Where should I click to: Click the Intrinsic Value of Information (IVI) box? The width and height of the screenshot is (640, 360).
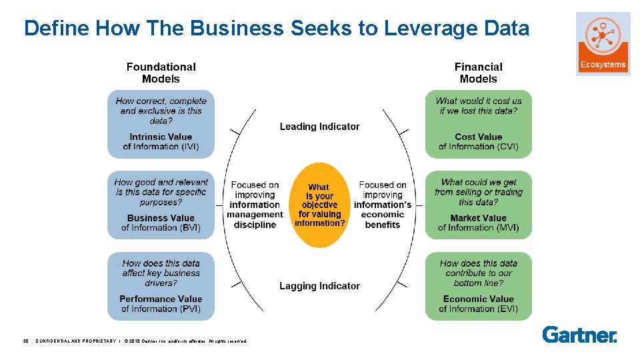[161, 124]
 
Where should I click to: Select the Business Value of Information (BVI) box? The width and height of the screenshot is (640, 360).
[161, 205]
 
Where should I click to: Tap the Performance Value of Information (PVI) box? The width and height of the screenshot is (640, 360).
[161, 286]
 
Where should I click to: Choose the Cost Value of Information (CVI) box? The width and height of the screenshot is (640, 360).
[478, 124]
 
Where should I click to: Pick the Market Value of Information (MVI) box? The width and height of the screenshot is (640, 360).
[478, 205]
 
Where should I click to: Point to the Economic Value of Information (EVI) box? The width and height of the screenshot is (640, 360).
[478, 286]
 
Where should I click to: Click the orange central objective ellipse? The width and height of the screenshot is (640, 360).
[319, 205]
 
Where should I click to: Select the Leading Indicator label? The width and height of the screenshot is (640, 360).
[319, 127]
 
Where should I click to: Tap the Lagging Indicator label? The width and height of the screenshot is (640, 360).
[319, 286]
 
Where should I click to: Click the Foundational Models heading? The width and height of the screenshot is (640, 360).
[161, 73]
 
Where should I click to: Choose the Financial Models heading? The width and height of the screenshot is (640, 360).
[478, 73]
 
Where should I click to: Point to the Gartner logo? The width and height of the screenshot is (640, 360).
[579, 334]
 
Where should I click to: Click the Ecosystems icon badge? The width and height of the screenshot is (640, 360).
[603, 44]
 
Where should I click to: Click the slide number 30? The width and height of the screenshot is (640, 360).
[26, 341]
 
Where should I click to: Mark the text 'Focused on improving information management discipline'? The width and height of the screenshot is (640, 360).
[255, 205]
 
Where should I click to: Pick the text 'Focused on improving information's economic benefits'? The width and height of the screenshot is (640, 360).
[383, 205]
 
